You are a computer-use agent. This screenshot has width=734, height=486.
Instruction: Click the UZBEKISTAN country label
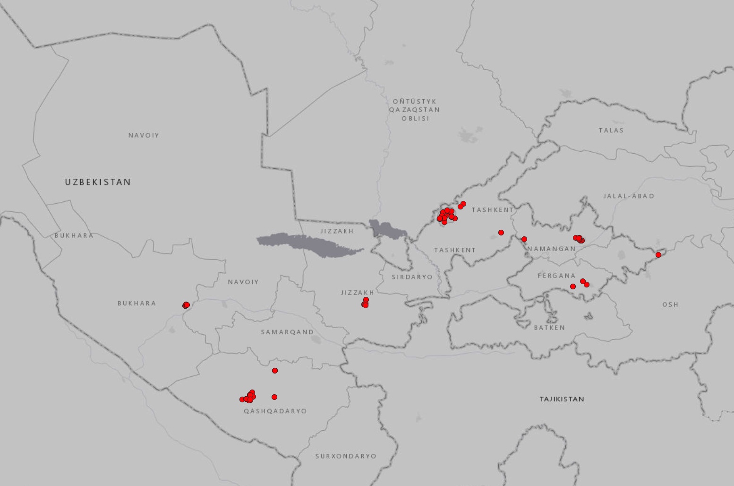tap(98, 182)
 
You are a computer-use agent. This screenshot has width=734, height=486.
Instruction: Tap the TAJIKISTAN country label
tap(562, 399)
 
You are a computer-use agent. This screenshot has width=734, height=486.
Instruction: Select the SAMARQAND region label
tap(287, 332)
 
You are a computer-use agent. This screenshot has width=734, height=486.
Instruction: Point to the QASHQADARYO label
tap(275, 411)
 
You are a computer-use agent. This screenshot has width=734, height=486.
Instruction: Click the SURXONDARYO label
tap(346, 456)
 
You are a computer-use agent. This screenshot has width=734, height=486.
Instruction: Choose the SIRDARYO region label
tap(412, 277)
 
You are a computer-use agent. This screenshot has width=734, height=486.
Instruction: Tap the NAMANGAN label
tap(551, 249)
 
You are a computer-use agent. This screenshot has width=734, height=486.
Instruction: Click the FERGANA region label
tap(556, 276)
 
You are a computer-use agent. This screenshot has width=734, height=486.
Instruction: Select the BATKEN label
tap(549, 328)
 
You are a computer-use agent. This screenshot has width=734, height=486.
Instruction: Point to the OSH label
tap(670, 304)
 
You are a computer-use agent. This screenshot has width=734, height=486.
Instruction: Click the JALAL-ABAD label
tap(628, 196)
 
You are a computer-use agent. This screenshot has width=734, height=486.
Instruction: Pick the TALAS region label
tap(611, 130)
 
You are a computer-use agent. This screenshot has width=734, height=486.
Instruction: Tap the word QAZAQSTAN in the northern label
tap(414, 110)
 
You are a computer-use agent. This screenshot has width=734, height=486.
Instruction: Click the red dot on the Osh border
tap(658, 255)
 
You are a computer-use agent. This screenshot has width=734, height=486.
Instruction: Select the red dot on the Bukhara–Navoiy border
tap(186, 305)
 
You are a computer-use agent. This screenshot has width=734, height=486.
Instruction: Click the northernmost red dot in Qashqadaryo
tap(275, 371)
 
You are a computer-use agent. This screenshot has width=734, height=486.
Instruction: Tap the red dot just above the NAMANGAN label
tap(524, 239)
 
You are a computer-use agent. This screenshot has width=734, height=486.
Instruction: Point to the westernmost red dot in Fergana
tap(573, 286)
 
